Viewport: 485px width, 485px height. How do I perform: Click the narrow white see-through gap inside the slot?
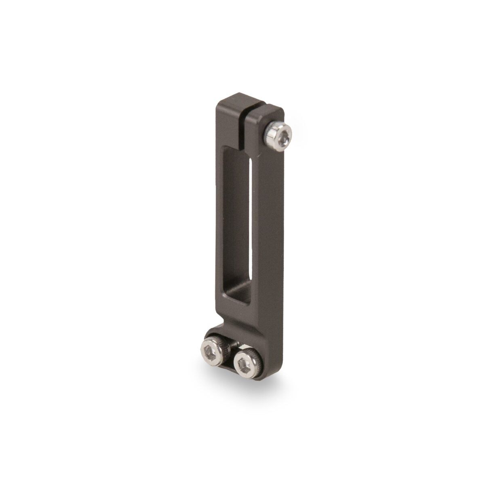(251, 222)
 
